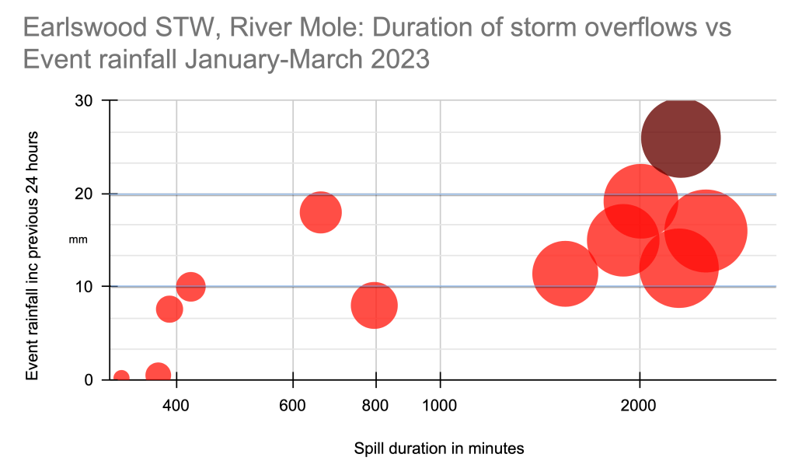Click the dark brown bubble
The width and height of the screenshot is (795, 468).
coord(680,138)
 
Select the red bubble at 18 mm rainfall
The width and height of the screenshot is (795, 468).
coord(320,212)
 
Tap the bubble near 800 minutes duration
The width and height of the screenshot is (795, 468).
coord(374,305)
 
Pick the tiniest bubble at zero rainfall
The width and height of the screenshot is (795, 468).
coord(121,378)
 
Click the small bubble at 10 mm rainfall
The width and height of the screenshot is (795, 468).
coord(190,287)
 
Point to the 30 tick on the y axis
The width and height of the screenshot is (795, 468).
coord(84,101)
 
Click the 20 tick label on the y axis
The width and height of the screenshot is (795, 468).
coord(84,194)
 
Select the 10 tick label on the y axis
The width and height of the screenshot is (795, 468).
coord(84,287)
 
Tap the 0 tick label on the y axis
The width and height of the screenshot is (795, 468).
coord(89,379)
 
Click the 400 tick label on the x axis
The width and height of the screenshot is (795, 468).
coord(176,405)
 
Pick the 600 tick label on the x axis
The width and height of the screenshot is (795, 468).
coord(293,405)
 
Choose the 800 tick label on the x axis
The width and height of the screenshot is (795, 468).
coord(376,405)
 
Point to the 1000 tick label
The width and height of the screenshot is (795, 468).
coord(441,405)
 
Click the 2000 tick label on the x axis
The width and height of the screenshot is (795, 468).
coord(639,405)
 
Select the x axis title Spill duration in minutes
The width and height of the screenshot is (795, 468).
coord(439,449)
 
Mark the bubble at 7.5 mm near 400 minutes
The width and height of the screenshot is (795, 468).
coord(169,309)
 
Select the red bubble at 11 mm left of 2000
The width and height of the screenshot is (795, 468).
coord(565,274)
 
